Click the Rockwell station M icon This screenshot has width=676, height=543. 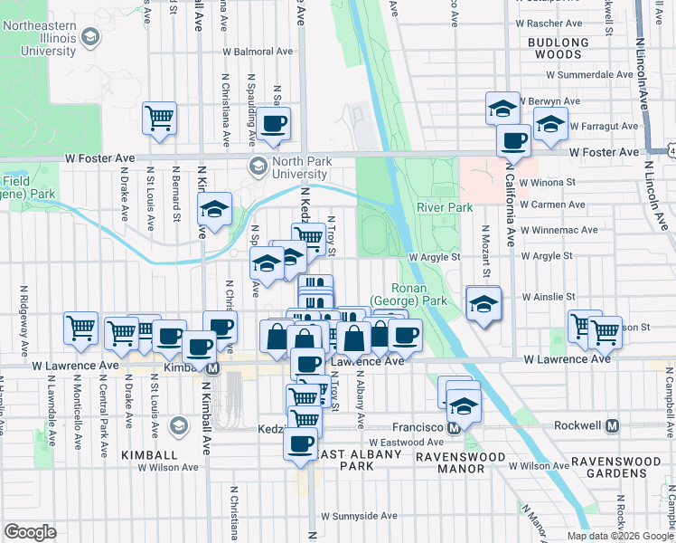(x=612, y=425)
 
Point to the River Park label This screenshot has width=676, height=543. (x=445, y=207)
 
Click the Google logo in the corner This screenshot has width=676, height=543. (x=29, y=532)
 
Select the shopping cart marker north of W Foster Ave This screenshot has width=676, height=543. (x=159, y=118)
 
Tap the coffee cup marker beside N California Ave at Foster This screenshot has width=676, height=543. (x=514, y=141)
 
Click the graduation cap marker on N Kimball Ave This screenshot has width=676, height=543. (x=215, y=210)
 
